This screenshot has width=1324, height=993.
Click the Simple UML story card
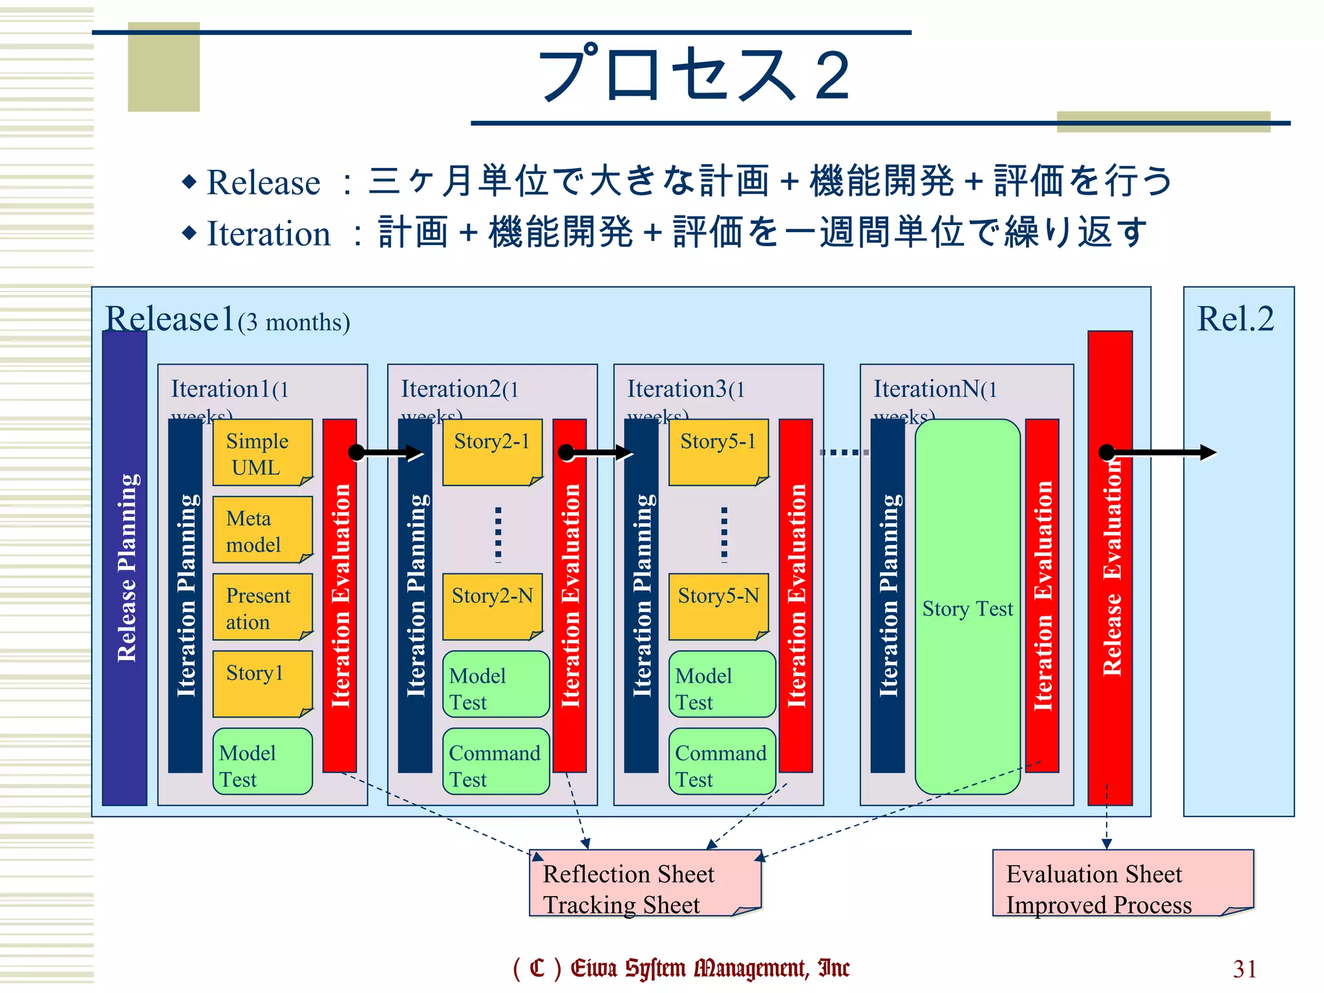coord(262,453)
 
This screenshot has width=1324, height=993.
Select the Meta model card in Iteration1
coord(262,530)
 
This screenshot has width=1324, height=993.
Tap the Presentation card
coord(262,607)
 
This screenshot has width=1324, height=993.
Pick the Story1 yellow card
coord(262,684)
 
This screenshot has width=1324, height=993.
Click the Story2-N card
coord(492,606)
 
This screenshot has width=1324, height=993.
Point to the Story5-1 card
coord(718,452)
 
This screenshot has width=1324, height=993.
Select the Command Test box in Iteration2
coord(495,762)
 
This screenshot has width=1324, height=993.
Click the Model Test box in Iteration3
coord(721,684)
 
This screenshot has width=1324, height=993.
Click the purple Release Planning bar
coord(125,569)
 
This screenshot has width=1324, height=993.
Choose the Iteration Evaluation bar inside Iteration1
coord(340,595)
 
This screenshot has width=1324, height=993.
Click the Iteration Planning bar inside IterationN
coord(888,595)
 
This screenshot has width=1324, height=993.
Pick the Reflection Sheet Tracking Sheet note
coord(645,883)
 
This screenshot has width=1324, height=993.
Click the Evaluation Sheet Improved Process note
coord(1122,883)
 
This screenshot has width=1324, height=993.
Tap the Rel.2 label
coord(1235,319)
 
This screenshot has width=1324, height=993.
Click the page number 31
coord(1244,968)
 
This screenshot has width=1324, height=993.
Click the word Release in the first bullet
coord(263,182)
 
